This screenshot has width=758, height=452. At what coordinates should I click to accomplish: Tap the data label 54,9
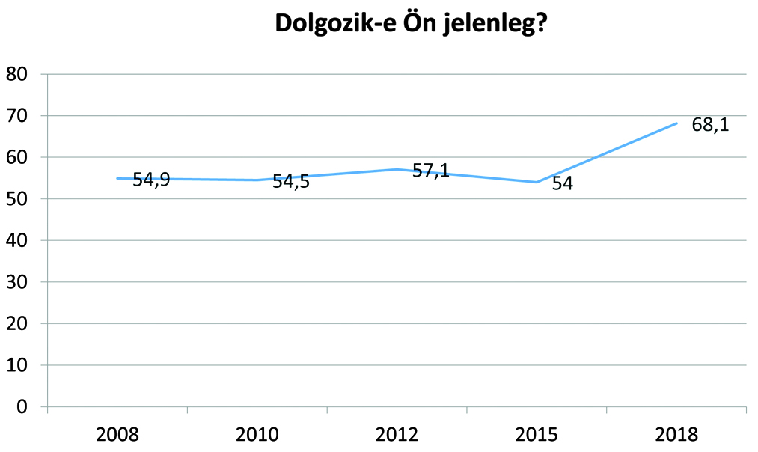[x=151, y=180]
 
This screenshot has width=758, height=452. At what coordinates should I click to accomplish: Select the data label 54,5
[x=290, y=182]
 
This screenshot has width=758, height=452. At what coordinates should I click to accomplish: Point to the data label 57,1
[x=430, y=171]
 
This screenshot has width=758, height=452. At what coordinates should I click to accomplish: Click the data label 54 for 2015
[x=562, y=183]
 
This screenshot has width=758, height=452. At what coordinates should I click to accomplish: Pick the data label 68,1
[x=709, y=124]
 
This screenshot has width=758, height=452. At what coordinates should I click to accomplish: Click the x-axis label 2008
[x=117, y=434]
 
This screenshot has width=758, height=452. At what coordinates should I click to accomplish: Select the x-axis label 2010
[x=257, y=434]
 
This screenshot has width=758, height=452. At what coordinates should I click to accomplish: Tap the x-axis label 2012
[x=397, y=434]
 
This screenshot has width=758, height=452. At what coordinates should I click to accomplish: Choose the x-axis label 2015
[x=537, y=434]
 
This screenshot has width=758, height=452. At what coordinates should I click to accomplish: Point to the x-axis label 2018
[x=676, y=434]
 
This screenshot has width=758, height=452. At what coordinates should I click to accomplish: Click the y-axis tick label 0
[x=22, y=406]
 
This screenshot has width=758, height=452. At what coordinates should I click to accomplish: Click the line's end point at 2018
[x=676, y=123]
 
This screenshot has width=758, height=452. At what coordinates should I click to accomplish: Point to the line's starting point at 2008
[x=117, y=178]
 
